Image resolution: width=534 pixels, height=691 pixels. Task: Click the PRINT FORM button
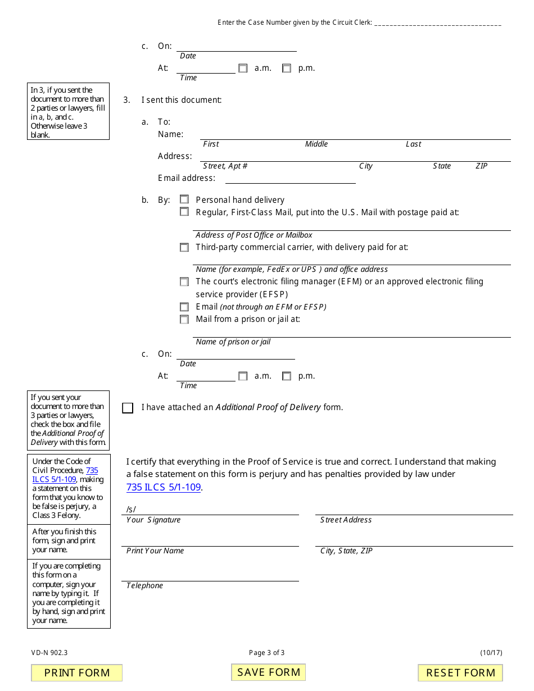coord(77,672)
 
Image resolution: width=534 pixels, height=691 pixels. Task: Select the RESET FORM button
coord(460,672)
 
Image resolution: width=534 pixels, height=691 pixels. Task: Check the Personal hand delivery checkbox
coord(184,199)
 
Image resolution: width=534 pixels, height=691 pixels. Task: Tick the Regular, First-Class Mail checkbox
coord(184,212)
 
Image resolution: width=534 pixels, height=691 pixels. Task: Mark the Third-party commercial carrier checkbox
coord(184,247)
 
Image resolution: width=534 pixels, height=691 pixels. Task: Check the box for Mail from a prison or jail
coord(184,319)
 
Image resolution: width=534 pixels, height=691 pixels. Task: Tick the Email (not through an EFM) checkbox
coord(184,307)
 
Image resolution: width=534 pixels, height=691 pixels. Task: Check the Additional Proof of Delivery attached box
coord(128,408)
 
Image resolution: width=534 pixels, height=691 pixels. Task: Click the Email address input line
coord(290,178)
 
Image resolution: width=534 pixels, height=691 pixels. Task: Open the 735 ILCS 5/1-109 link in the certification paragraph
coord(164,487)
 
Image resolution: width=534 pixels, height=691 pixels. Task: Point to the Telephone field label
coord(144,585)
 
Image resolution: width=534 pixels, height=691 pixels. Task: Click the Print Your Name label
coord(155,551)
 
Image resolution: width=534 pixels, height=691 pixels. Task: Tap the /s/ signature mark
coord(131,509)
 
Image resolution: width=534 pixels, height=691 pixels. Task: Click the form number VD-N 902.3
coord(49,653)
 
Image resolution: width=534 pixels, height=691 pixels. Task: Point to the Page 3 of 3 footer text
coord(267,653)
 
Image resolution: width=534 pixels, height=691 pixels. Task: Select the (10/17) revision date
coord(491,653)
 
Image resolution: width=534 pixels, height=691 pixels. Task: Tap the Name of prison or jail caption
coord(233,342)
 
